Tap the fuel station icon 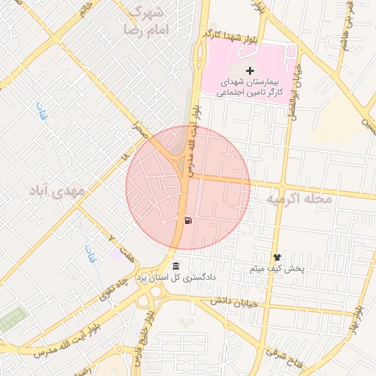pyautogui.click(x=189, y=220)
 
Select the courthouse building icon pyautogui.click(x=175, y=265)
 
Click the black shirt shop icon pyautogui.click(x=277, y=257)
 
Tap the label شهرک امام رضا pyautogui.click(x=148, y=21)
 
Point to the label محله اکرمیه pyautogui.click(x=299, y=199)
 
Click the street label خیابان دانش pyautogui.click(x=234, y=301)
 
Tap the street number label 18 pyautogui.click(x=124, y=156)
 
